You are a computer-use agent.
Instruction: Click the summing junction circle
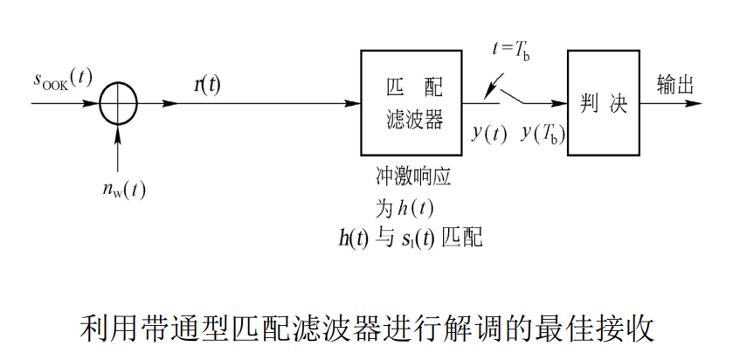tap(118, 103)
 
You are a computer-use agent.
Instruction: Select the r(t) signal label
tap(206, 83)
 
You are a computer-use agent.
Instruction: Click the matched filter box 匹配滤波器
tap(414, 103)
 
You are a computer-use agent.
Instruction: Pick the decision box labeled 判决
tap(604, 103)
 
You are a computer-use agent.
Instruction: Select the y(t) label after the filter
tap(489, 133)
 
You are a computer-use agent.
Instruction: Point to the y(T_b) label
tap(543, 133)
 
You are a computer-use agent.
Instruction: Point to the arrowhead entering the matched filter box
tap(355, 103)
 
